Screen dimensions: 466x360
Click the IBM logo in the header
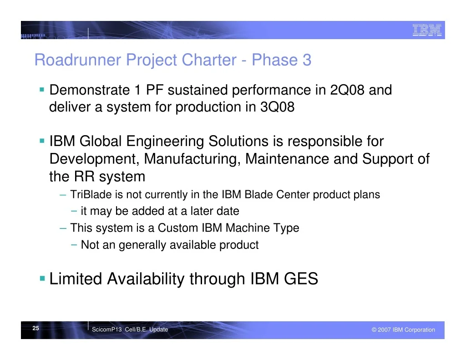(427, 30)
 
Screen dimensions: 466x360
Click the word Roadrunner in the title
(78, 60)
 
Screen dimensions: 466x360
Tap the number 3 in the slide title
(307, 60)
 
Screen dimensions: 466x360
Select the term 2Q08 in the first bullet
(347, 90)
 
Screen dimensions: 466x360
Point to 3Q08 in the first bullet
(277, 107)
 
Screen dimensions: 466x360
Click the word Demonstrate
(90, 90)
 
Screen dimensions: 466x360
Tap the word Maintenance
(287, 159)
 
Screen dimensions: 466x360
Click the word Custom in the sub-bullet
(178, 228)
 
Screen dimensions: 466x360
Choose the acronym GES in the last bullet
(301, 279)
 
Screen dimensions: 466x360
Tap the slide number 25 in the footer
(35, 328)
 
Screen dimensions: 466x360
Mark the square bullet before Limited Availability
(42, 279)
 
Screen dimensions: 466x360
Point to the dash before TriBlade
(63, 195)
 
